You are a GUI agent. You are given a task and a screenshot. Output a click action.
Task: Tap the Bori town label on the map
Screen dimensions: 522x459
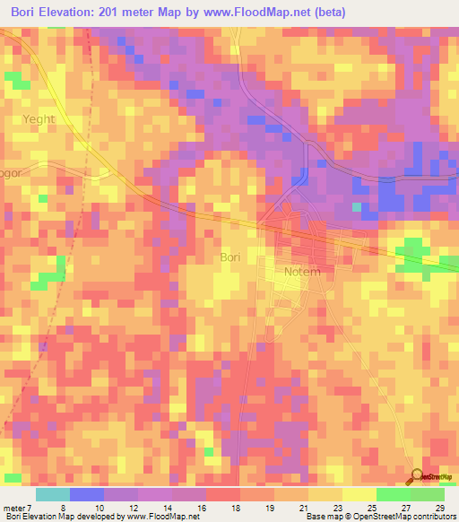230,257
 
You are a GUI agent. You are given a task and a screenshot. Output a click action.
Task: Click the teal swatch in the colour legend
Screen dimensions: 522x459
52,494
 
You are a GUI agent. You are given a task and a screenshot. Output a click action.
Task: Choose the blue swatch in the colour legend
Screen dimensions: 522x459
86,494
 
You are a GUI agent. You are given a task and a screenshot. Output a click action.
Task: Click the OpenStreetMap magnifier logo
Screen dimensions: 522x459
416,476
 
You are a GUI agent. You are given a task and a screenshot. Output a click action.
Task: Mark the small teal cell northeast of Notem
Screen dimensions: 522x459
357,207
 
